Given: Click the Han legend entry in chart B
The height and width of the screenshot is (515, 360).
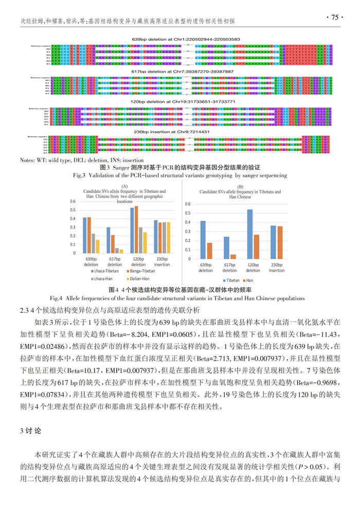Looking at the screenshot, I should click(249, 279).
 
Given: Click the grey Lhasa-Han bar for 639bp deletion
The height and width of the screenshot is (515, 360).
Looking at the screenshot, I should click(93, 242).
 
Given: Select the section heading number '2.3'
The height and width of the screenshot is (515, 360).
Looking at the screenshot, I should click(24, 310).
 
